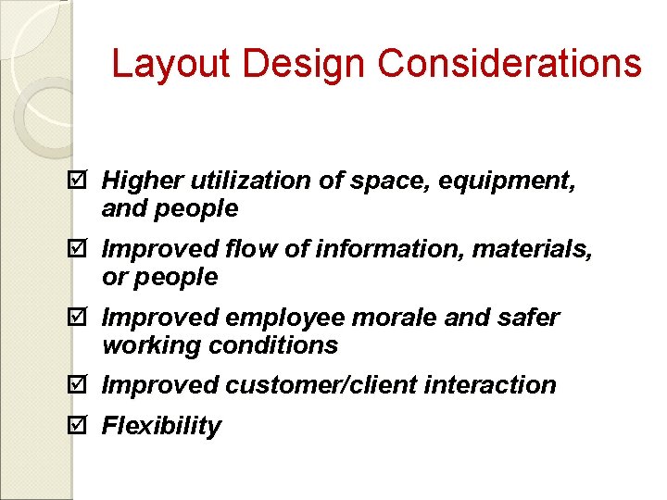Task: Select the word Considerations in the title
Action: (x=510, y=64)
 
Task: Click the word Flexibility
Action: (x=161, y=426)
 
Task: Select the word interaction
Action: (x=501, y=384)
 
